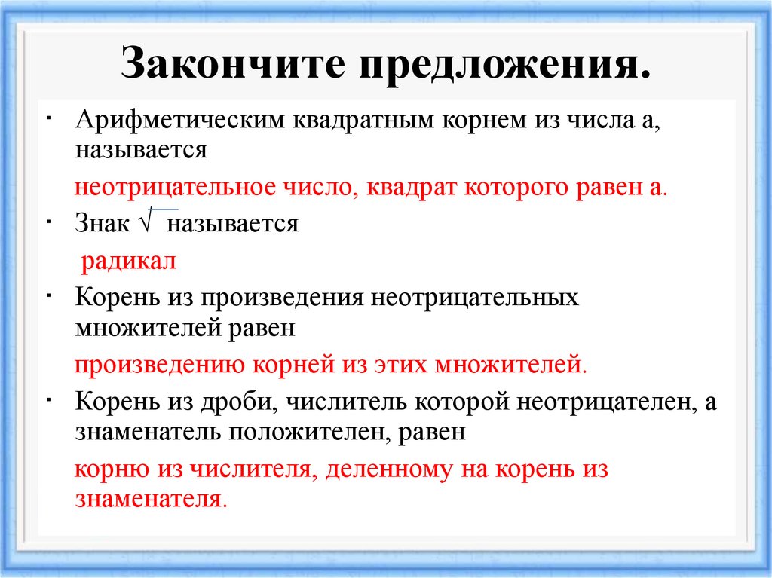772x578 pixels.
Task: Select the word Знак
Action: click(x=103, y=224)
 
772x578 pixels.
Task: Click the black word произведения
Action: click(x=280, y=298)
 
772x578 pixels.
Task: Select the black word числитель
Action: click(x=347, y=401)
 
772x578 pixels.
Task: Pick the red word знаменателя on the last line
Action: click(x=150, y=498)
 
